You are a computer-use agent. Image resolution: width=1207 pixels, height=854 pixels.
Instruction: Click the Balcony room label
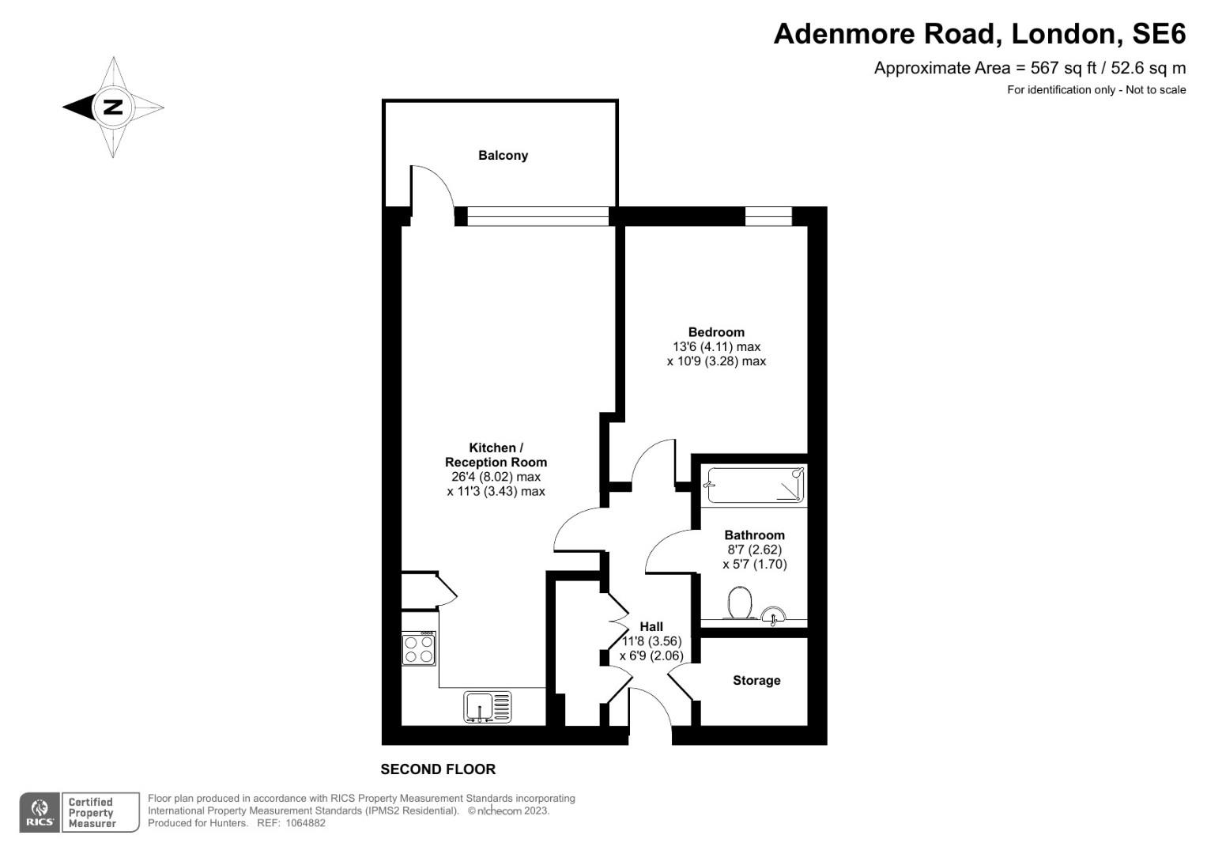point(503,156)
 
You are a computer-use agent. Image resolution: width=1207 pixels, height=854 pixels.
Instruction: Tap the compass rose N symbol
point(113,107)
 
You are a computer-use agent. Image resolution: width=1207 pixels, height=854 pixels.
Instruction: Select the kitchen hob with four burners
point(419,648)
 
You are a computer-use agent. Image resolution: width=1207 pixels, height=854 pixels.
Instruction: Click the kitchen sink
point(487,706)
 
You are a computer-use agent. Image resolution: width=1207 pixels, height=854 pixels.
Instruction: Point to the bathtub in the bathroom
point(756,485)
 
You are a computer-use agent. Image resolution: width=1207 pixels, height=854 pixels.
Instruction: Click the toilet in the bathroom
point(740,603)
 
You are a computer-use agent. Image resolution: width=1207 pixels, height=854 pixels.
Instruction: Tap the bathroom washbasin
point(774,614)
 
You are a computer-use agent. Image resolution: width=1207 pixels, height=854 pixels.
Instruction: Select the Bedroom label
point(716,332)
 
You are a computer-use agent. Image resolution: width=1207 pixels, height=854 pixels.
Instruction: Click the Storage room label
point(756,681)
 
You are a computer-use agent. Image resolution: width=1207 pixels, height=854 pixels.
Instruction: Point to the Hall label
point(651,626)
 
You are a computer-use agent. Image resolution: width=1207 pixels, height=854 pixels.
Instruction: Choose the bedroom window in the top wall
point(768,216)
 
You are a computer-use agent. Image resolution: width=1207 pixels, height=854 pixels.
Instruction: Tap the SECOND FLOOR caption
point(438,769)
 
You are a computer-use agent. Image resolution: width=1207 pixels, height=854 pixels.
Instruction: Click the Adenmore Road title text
point(979,34)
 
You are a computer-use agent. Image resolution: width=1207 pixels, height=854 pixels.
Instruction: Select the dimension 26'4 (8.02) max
point(496,477)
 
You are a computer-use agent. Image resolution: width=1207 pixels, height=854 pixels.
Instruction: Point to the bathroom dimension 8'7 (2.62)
point(755,550)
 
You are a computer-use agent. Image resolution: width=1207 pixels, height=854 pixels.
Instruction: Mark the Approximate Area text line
point(1029,68)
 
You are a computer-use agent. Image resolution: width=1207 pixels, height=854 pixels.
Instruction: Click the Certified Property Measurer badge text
point(92,813)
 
